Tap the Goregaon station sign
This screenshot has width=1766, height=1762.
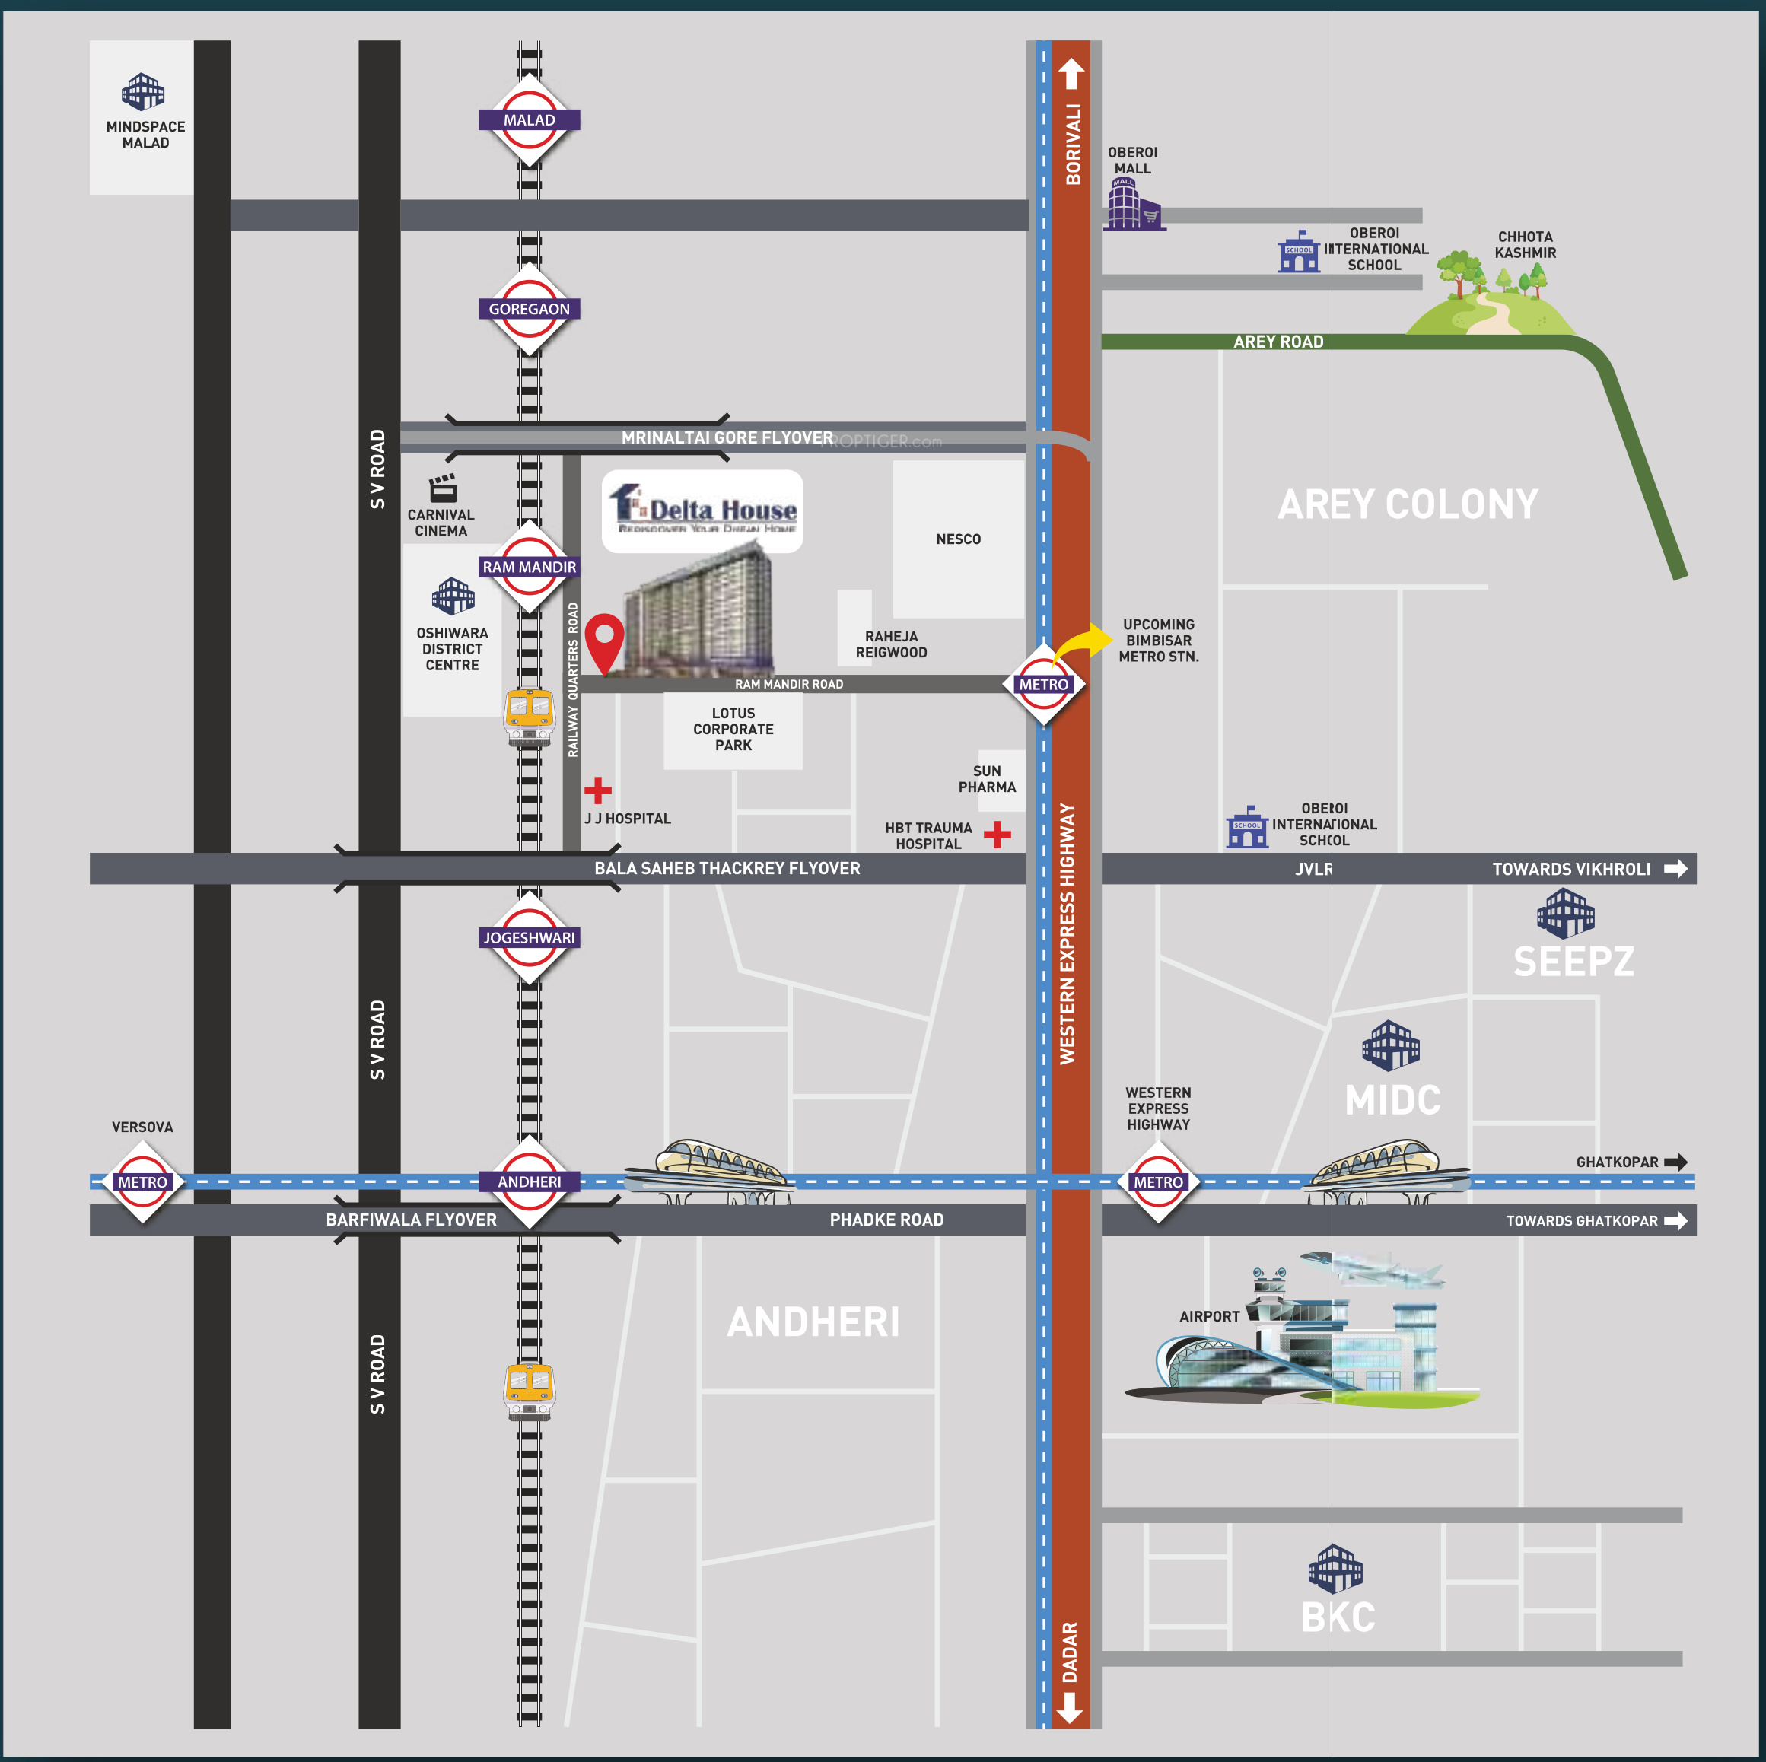point(530,309)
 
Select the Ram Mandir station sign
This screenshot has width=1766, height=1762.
point(530,567)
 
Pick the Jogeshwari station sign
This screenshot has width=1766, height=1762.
point(530,937)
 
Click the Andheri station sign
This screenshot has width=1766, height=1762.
point(530,1182)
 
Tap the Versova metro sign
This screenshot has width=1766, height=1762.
point(142,1182)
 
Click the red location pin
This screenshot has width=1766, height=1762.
point(604,641)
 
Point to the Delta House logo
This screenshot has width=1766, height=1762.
point(702,509)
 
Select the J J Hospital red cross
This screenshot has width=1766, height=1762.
point(598,790)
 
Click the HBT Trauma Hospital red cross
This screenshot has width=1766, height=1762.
point(998,834)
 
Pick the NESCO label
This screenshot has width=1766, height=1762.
point(958,539)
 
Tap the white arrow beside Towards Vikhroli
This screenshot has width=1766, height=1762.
point(1675,868)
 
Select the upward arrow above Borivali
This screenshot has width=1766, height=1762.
point(1071,74)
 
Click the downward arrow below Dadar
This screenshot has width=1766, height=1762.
point(1070,1707)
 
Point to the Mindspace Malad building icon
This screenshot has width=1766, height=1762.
point(144,91)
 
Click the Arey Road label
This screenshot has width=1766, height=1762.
point(1278,342)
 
